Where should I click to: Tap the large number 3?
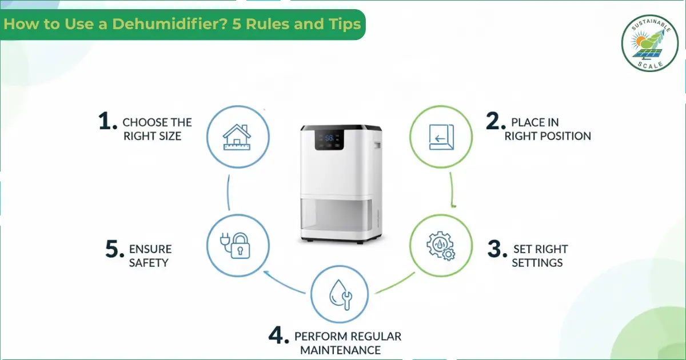[497, 249]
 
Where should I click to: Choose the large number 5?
[114, 250]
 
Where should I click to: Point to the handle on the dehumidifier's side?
[377, 146]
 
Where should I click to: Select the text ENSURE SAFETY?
[150, 256]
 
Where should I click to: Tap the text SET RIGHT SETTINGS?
[539, 256]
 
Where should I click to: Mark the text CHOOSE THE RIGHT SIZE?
[157, 129]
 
